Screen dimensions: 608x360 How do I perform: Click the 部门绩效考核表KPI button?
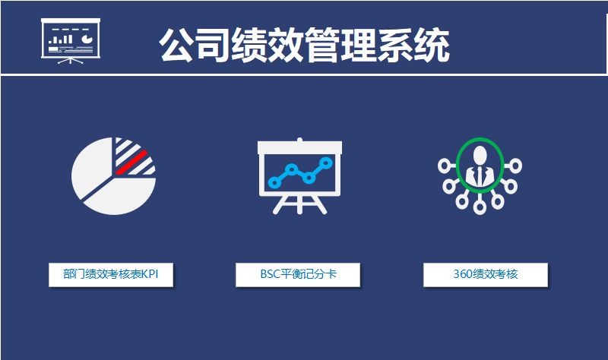(111, 275)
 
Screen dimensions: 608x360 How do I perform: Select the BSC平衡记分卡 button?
(298, 275)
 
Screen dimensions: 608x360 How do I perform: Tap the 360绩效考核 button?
(486, 275)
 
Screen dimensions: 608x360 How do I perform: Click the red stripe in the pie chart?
(131, 162)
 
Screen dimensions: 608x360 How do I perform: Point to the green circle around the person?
(457, 166)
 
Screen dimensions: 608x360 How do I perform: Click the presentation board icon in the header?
(71, 41)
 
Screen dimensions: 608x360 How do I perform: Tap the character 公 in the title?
(176, 46)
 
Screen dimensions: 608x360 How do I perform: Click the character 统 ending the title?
(432, 46)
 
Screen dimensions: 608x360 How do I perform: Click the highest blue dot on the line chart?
(326, 163)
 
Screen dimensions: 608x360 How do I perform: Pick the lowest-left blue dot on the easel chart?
(274, 182)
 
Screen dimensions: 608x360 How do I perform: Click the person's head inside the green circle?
(480, 154)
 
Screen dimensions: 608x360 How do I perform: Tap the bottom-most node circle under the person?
(480, 208)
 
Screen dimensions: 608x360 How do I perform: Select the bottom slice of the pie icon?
(119, 197)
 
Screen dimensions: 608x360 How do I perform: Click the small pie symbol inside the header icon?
(87, 39)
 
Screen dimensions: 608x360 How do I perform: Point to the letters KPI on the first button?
(150, 274)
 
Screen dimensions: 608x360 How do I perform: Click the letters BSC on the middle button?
(270, 274)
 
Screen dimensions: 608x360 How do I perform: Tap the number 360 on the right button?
(463, 274)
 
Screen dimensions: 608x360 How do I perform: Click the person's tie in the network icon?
(480, 175)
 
